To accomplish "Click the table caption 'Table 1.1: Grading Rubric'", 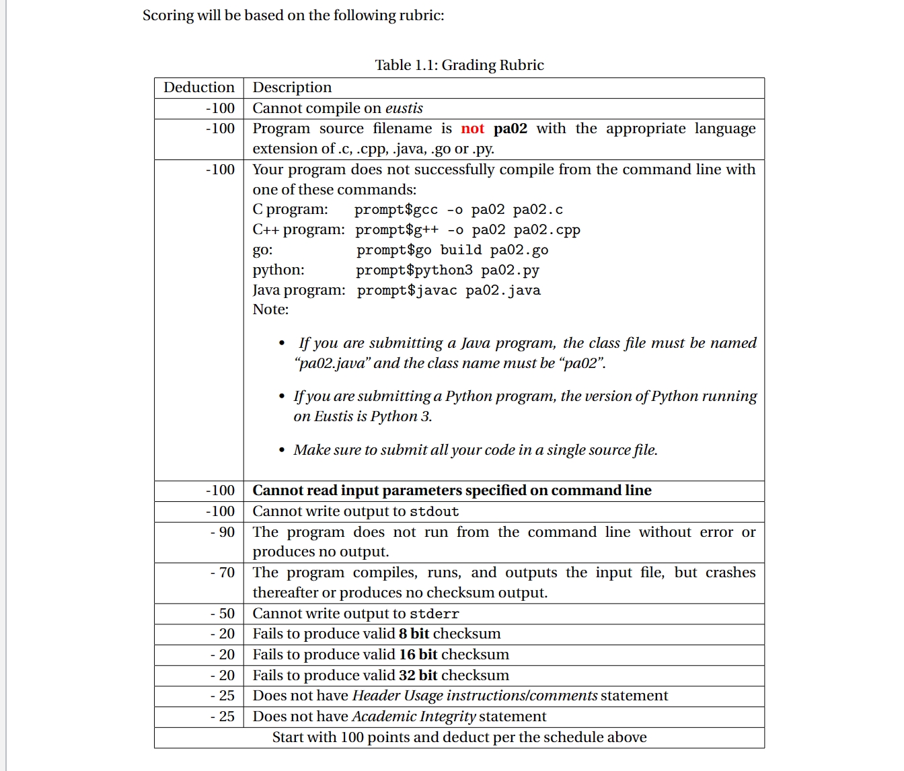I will click(x=459, y=65).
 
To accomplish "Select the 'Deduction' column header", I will click(x=199, y=87).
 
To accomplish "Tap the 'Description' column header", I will click(x=292, y=87).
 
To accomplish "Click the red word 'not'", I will click(x=472, y=128).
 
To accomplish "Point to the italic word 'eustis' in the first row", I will click(x=404, y=108).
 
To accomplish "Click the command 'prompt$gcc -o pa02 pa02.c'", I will click(x=459, y=210).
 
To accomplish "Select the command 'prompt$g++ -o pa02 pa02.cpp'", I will click(x=467, y=230).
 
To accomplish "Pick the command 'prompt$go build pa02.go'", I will click(x=452, y=250).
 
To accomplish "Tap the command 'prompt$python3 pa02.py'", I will click(x=447, y=270).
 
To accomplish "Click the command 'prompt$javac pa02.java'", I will click(x=449, y=291).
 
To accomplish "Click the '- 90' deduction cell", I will click(x=223, y=532).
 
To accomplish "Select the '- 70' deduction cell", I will click(x=223, y=573).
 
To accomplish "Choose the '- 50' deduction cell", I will click(x=223, y=614).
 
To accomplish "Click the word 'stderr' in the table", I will click(x=434, y=614).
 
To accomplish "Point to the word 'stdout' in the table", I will click(x=434, y=512).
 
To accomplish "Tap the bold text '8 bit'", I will click(x=414, y=634).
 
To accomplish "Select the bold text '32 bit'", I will click(x=418, y=675).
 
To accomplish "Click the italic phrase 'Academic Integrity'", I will click(x=414, y=717).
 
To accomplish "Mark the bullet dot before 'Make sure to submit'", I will click(x=282, y=450).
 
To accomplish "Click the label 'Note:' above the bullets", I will click(x=270, y=309).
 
